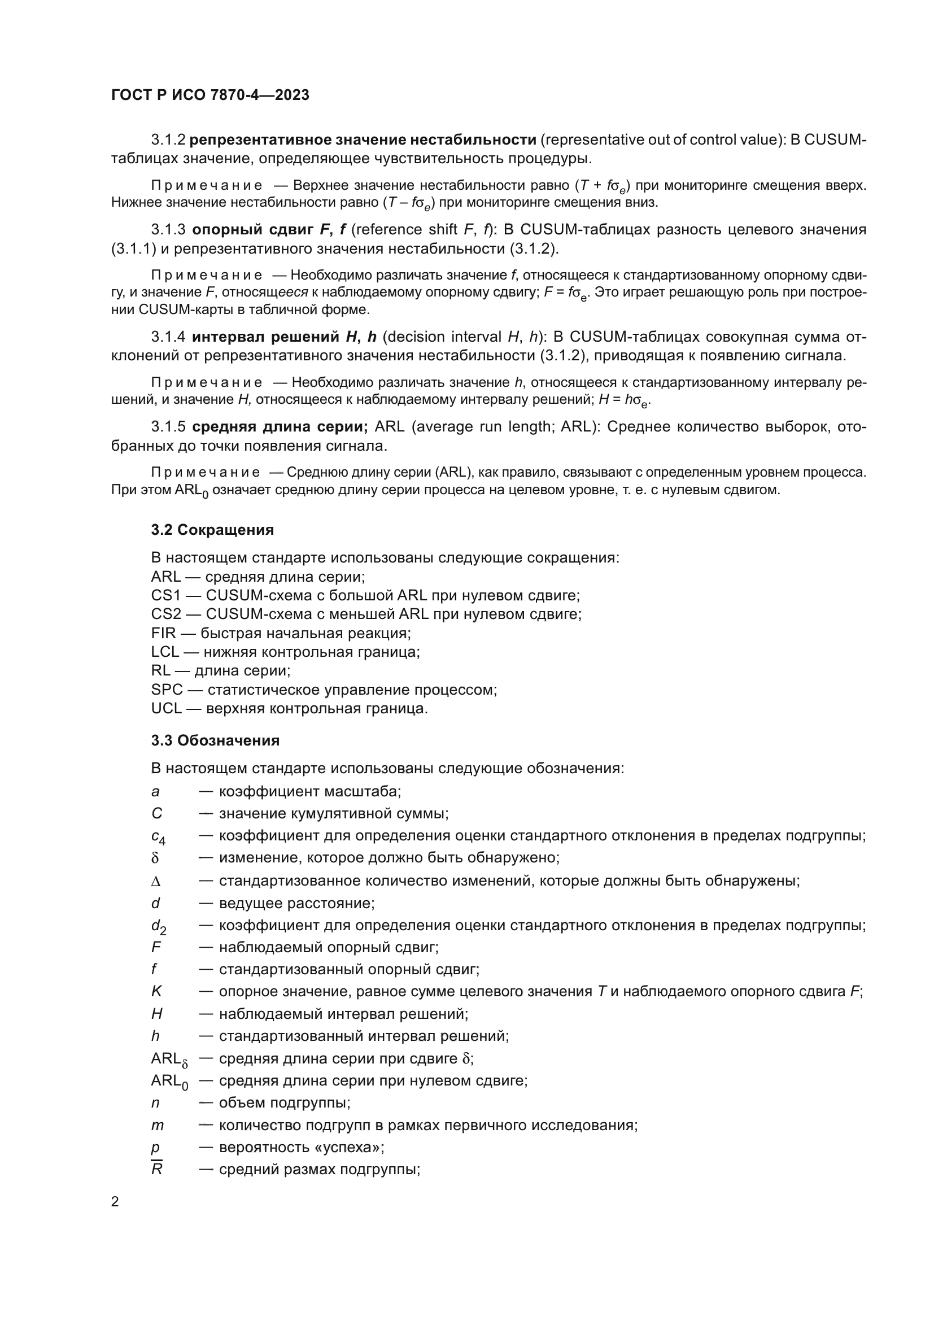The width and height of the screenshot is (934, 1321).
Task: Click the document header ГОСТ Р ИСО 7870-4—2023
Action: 210,95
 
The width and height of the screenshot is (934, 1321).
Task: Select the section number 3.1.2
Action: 168,140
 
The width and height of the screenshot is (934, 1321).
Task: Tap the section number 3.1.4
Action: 168,337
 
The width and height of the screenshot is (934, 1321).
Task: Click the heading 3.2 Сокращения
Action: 212,530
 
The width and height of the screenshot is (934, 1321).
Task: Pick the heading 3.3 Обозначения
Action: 215,740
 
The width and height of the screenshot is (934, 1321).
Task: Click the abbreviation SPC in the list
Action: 167,690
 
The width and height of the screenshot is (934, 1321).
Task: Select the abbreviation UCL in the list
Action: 166,709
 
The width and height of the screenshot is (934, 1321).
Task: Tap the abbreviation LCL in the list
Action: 165,652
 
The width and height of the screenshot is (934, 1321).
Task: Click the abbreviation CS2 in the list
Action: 165,614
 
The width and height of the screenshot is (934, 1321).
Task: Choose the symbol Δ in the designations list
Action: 156,882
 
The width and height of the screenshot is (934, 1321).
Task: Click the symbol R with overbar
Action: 156,1170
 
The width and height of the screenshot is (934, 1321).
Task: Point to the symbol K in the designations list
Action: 156,992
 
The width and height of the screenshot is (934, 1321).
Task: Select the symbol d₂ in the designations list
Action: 158,927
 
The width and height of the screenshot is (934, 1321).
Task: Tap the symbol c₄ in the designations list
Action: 158,837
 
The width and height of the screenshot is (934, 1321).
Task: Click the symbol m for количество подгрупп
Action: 157,1126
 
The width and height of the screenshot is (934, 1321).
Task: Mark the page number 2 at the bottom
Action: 115,1202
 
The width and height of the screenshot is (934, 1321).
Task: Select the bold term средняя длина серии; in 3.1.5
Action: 280,427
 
